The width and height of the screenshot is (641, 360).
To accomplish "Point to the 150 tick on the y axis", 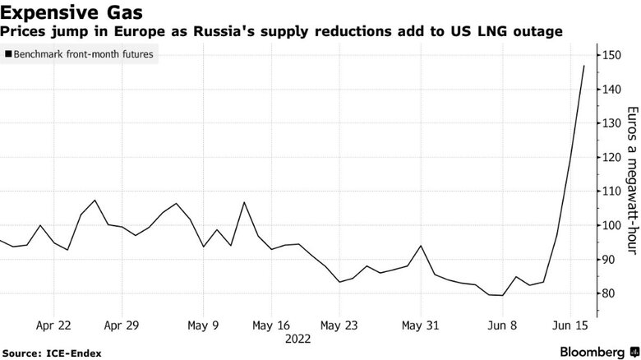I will pos(611,55).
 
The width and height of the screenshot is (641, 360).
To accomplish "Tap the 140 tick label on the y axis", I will pos(611,89).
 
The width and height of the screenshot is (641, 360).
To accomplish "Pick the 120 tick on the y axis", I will pos(611,157).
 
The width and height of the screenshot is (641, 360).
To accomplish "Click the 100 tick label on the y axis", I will pos(611,225).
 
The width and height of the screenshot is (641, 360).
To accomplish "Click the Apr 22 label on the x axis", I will pos(53,325).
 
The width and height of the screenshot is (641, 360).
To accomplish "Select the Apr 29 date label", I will pos(122,325).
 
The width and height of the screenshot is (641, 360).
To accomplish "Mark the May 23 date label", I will pos(339,325).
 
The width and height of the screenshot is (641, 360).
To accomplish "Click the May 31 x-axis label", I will pos(420,325).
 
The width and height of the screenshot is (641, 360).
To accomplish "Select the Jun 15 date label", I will pos(570,325).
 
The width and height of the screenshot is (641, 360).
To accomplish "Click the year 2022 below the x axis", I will pos(297,337).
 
